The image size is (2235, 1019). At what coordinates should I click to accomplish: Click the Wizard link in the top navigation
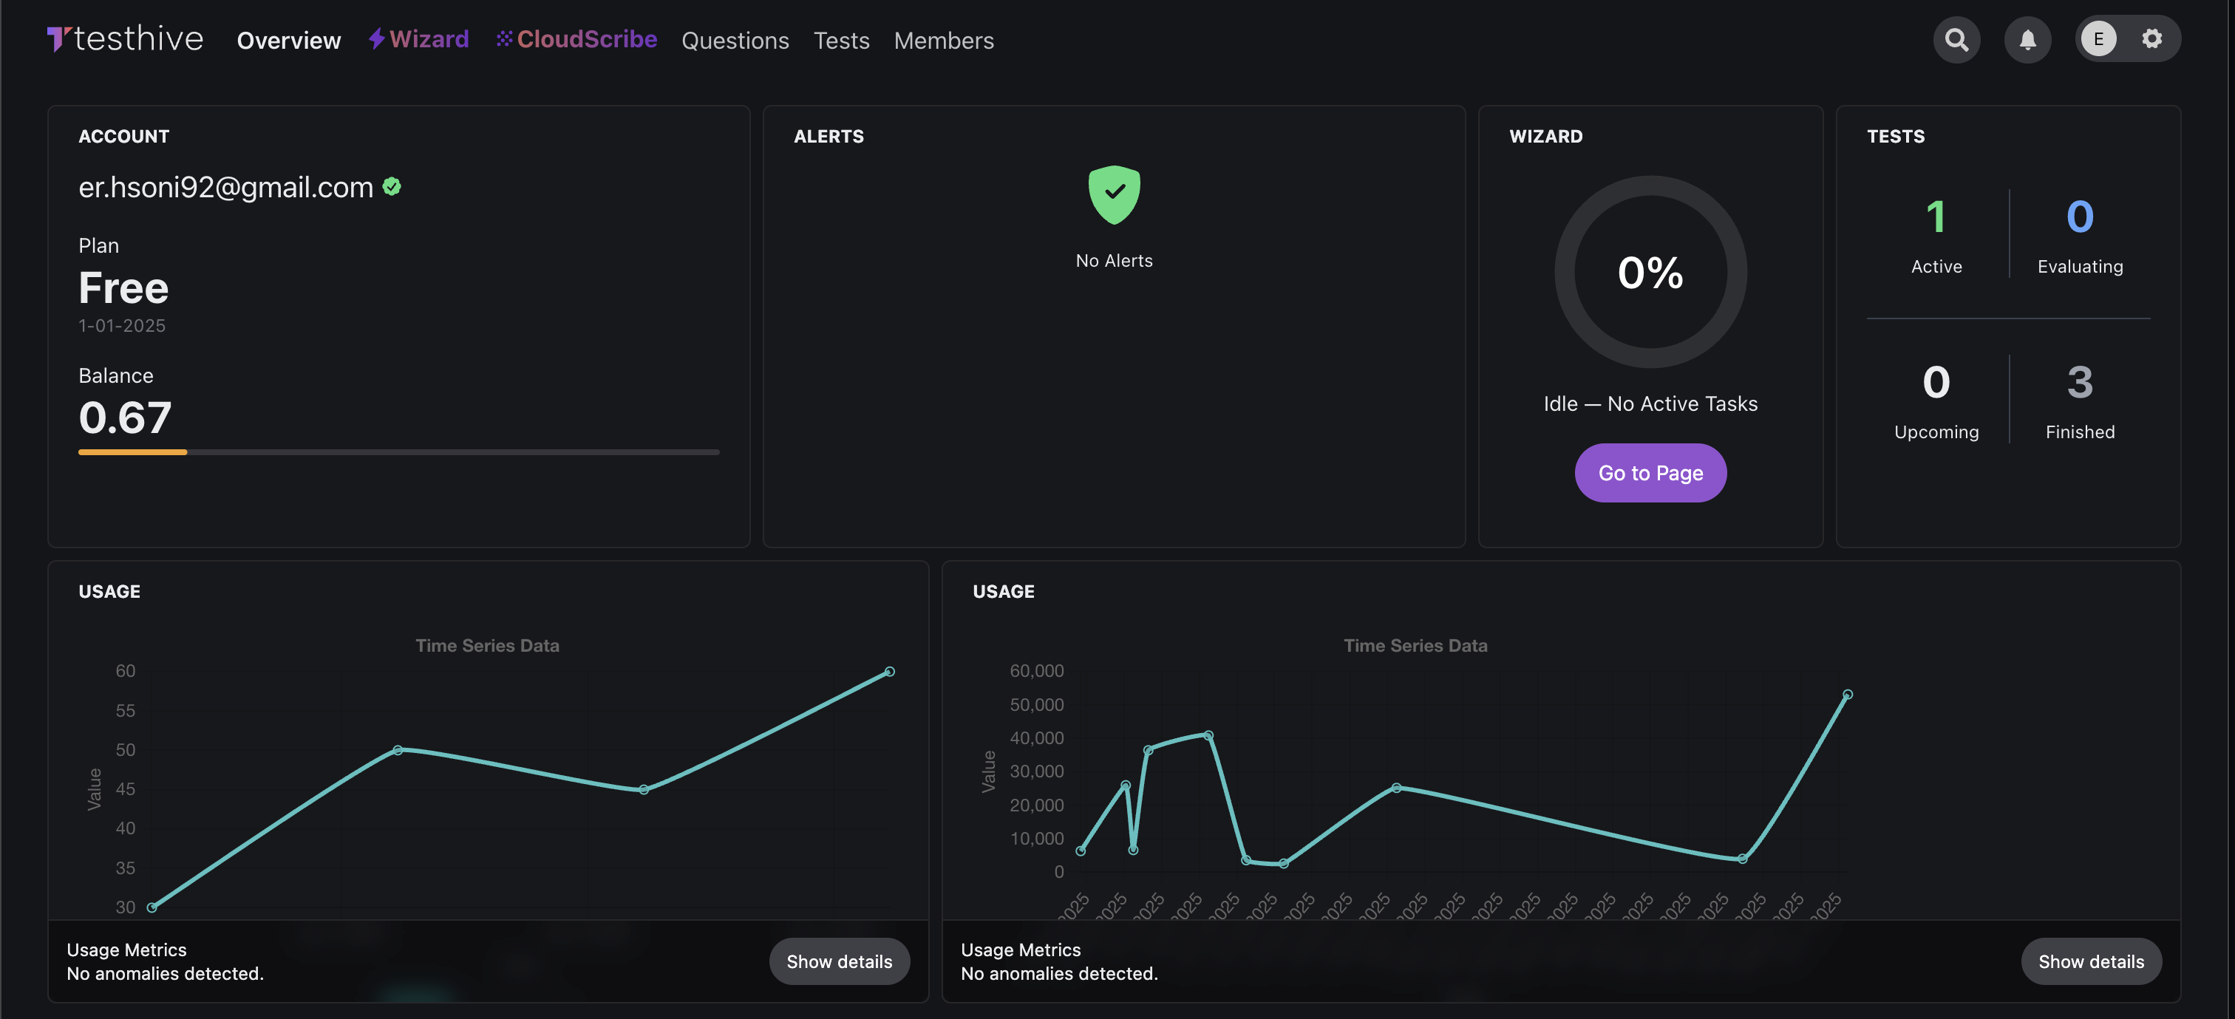click(419, 40)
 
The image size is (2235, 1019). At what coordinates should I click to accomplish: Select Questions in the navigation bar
click(735, 41)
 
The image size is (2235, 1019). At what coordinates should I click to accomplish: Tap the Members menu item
click(943, 41)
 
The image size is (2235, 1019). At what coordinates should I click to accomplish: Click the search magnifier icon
click(1956, 40)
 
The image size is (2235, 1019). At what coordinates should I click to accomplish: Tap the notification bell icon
click(2027, 40)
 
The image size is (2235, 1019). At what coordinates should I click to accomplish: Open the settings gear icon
click(2151, 39)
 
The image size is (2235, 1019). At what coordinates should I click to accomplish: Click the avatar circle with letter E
click(2098, 39)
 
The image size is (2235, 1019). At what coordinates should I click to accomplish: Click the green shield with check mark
click(1114, 194)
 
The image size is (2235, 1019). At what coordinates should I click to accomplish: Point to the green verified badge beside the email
click(392, 186)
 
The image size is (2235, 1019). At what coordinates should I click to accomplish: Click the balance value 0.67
click(125, 418)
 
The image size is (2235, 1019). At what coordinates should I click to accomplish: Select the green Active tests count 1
click(1936, 217)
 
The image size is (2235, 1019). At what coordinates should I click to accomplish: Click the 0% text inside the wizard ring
click(1650, 273)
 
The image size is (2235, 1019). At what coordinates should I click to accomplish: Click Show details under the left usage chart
click(839, 961)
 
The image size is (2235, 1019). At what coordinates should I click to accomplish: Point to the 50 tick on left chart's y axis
click(126, 750)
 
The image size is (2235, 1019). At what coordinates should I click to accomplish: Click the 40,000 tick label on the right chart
click(1036, 738)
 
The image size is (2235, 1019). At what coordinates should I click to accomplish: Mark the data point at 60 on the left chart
click(889, 671)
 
